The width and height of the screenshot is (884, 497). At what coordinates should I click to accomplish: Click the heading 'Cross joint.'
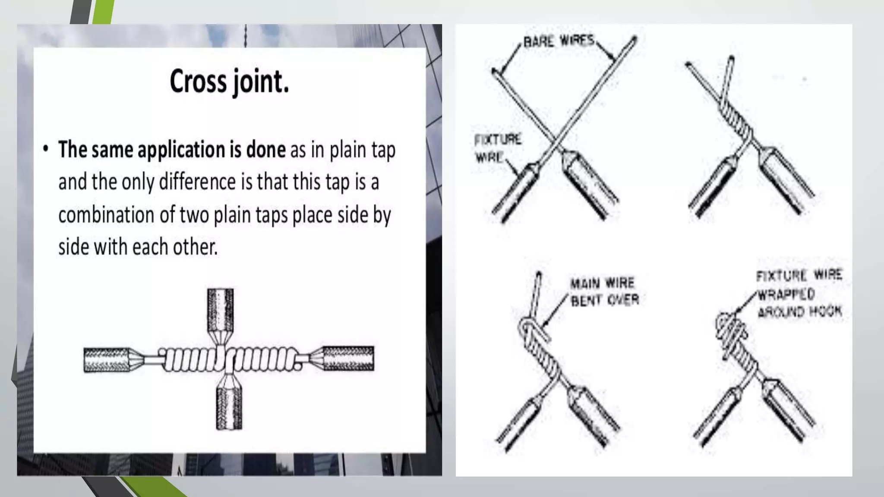229,81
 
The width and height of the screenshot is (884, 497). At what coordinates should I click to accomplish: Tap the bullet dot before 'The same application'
46,149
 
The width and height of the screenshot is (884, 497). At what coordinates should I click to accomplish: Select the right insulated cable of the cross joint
348,358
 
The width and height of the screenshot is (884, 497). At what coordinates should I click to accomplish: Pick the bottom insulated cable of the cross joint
229,408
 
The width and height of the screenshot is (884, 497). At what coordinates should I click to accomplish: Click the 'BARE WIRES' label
559,41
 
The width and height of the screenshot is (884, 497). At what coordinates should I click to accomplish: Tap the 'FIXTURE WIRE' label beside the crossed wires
497,148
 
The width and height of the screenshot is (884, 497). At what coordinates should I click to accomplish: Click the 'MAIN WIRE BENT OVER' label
604,292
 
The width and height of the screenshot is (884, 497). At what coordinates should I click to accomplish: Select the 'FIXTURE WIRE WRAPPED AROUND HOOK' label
799,293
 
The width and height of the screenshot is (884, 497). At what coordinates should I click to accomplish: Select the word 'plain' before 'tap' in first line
349,150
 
